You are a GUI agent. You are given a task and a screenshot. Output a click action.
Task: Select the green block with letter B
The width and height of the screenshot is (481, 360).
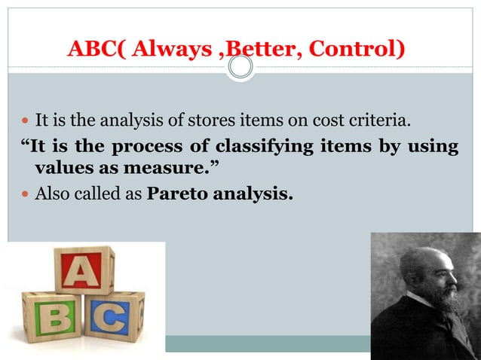pos(53,316)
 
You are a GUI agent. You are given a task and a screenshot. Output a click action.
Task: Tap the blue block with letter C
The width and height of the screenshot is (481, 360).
pos(114,317)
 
